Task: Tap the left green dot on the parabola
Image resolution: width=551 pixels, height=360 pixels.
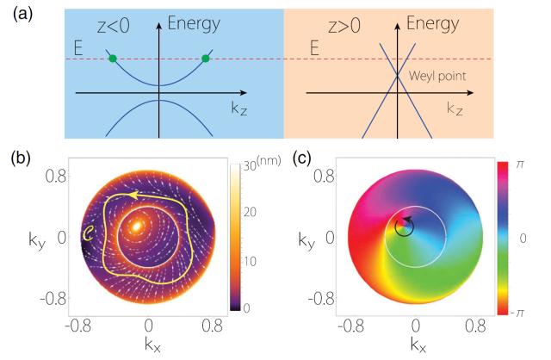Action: pos(112,59)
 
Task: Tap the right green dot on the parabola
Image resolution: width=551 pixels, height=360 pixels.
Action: pos(205,59)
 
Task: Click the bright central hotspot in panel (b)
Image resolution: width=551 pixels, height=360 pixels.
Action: pos(138,227)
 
